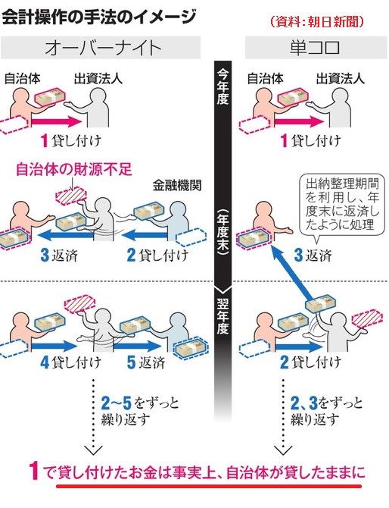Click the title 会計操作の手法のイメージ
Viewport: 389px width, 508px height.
click(x=99, y=17)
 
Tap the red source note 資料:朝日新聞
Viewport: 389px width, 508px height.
click(x=316, y=21)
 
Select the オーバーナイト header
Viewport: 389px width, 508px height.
click(x=103, y=48)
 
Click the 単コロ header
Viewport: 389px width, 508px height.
click(x=315, y=48)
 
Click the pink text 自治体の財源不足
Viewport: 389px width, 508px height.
click(x=74, y=169)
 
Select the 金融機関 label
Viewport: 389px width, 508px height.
click(x=177, y=185)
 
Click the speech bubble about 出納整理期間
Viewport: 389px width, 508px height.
click(x=342, y=205)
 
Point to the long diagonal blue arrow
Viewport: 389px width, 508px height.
click(x=293, y=274)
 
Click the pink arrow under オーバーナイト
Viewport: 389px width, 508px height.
click(x=57, y=122)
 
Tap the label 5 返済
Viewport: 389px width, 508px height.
click(x=146, y=362)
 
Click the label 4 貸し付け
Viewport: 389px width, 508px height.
click(x=70, y=362)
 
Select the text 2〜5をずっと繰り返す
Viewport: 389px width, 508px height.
click(x=140, y=412)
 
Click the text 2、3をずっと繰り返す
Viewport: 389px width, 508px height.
click(x=327, y=412)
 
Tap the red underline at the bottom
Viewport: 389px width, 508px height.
click(x=209, y=486)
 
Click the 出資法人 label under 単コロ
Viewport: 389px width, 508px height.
click(x=340, y=79)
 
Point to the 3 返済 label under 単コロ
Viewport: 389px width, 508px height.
click(x=313, y=256)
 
